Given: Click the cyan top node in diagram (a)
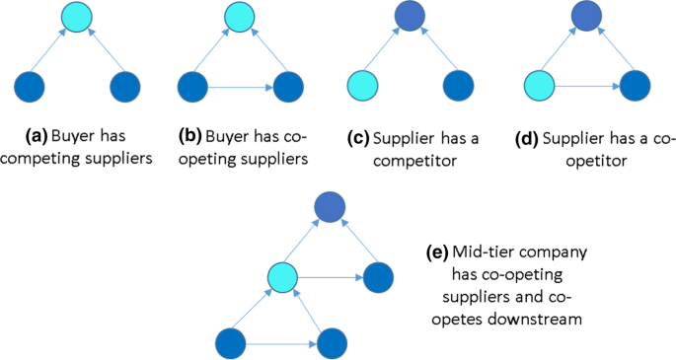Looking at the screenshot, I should tap(76, 16).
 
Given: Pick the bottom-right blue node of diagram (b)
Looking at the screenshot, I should tap(287, 86).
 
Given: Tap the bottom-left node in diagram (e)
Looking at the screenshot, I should tap(233, 344).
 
